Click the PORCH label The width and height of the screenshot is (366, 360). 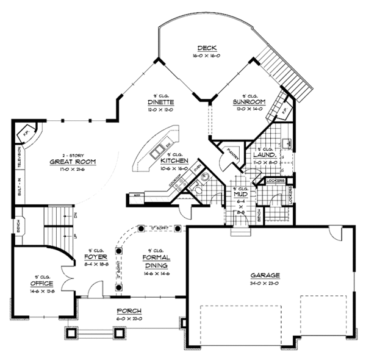click(x=128, y=311)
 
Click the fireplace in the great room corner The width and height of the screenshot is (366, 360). click(x=27, y=133)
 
